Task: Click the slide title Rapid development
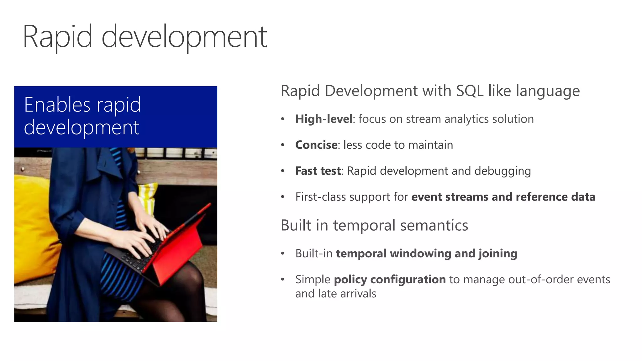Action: point(145,37)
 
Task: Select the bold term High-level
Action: point(324,119)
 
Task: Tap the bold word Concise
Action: point(316,145)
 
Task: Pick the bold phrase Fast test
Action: point(318,171)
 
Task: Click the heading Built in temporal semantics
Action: point(374,225)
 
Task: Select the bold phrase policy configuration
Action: point(390,279)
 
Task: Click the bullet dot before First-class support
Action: point(282,197)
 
